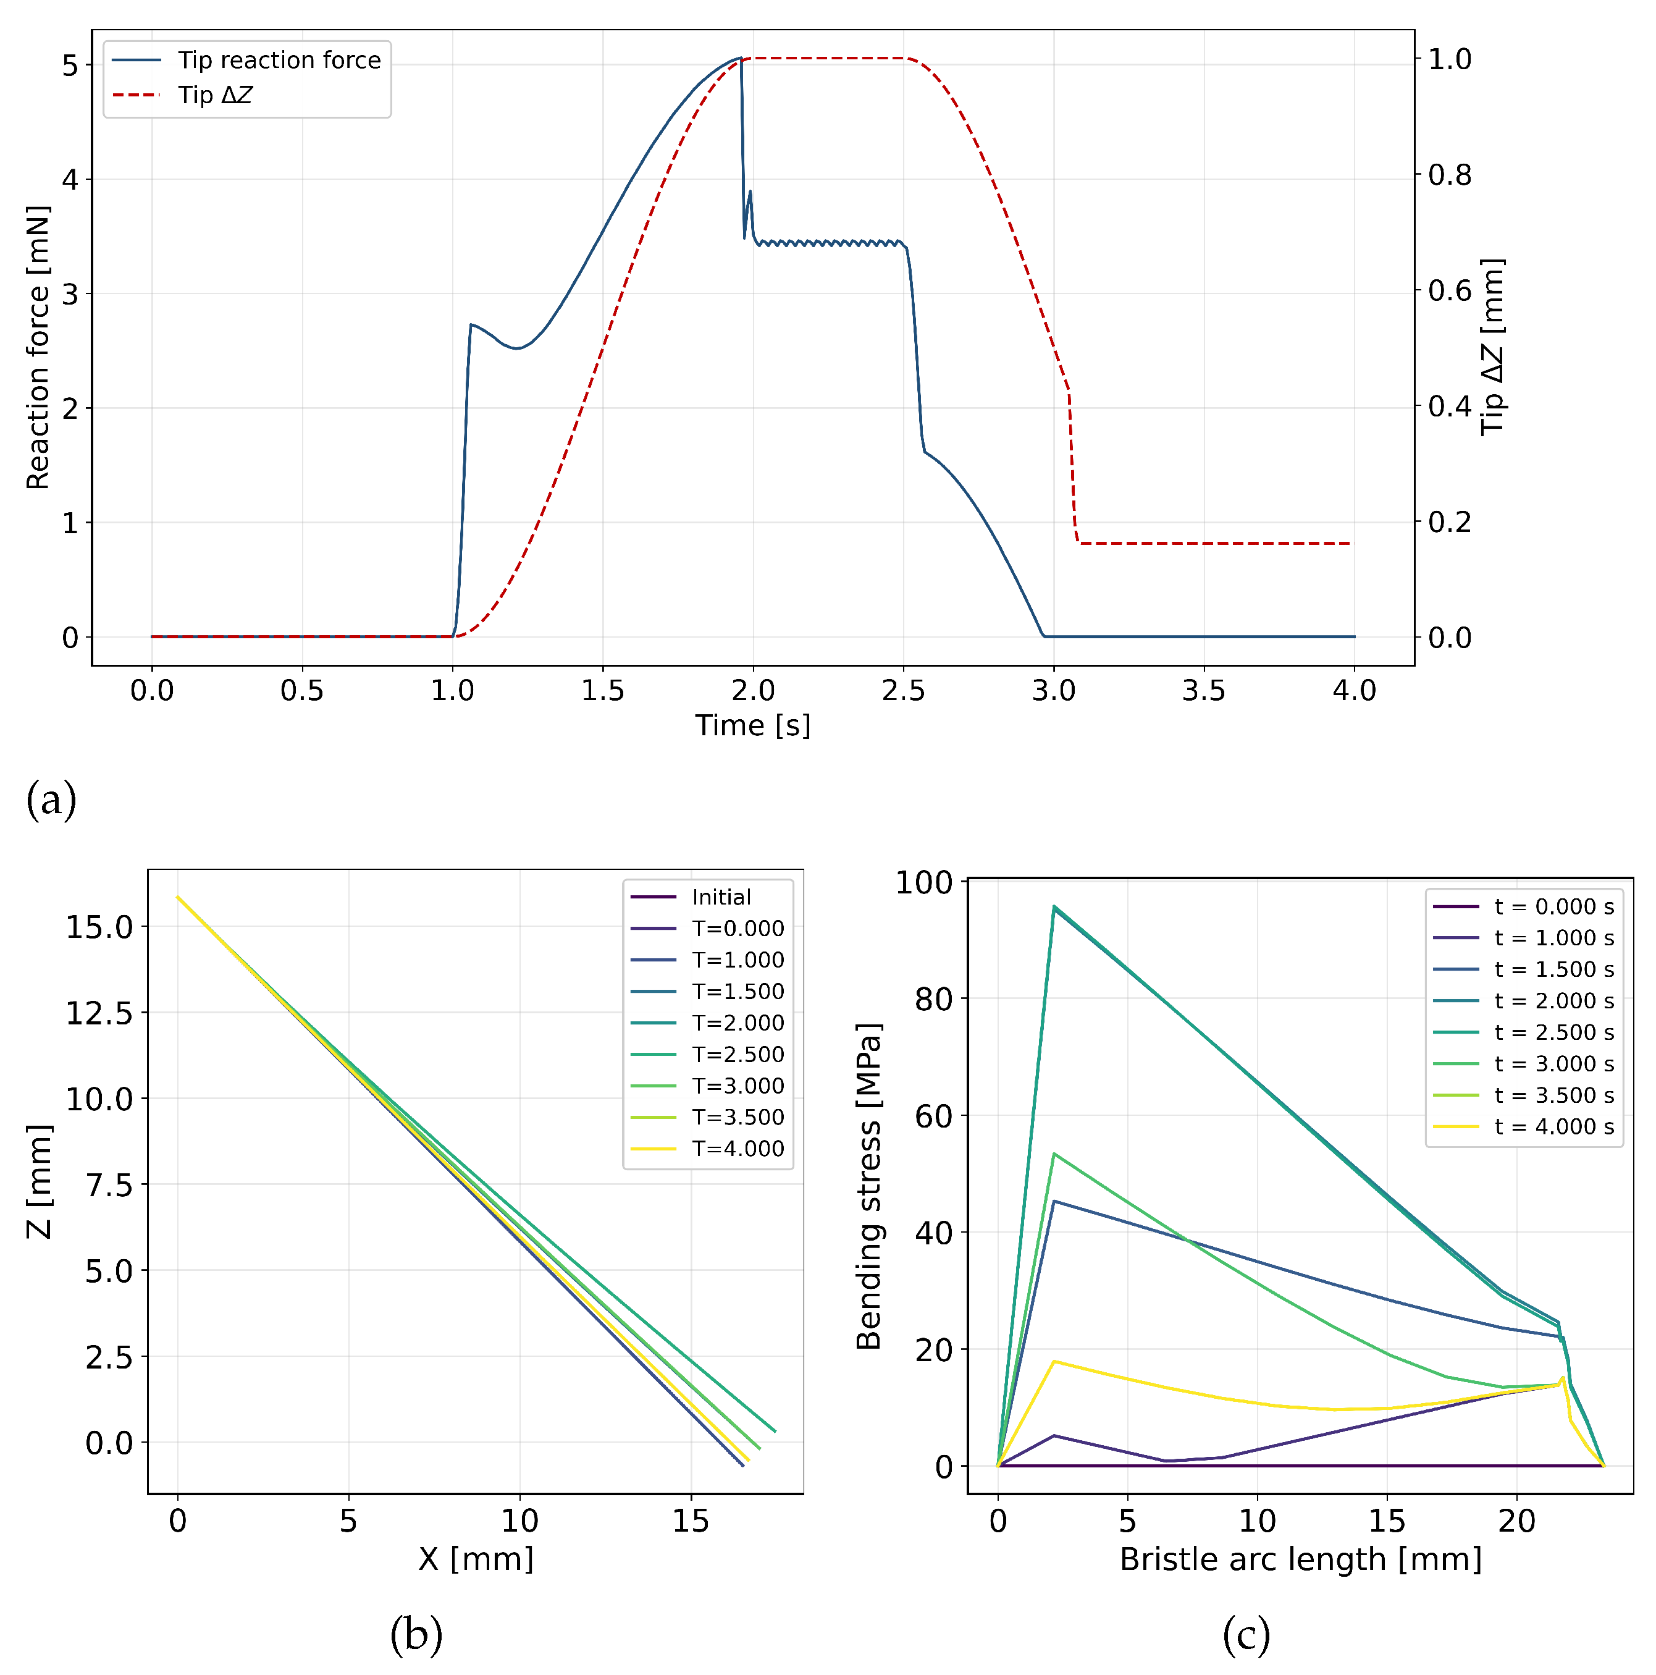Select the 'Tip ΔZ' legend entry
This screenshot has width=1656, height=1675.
(x=182, y=95)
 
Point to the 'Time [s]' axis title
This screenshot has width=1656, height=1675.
(x=752, y=725)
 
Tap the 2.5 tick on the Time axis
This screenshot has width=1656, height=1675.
(x=903, y=691)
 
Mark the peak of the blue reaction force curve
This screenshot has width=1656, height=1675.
(x=740, y=58)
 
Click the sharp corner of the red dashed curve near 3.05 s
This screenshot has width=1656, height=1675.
(x=1069, y=391)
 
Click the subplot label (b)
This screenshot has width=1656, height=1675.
(x=416, y=1634)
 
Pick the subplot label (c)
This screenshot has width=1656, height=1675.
(x=1246, y=1634)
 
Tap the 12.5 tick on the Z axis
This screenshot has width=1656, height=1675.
(x=99, y=1013)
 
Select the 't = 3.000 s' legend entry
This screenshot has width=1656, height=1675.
(x=1524, y=1064)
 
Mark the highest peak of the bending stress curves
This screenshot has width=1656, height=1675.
(x=1054, y=907)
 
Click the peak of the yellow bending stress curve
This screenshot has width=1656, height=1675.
(x=1054, y=1362)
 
